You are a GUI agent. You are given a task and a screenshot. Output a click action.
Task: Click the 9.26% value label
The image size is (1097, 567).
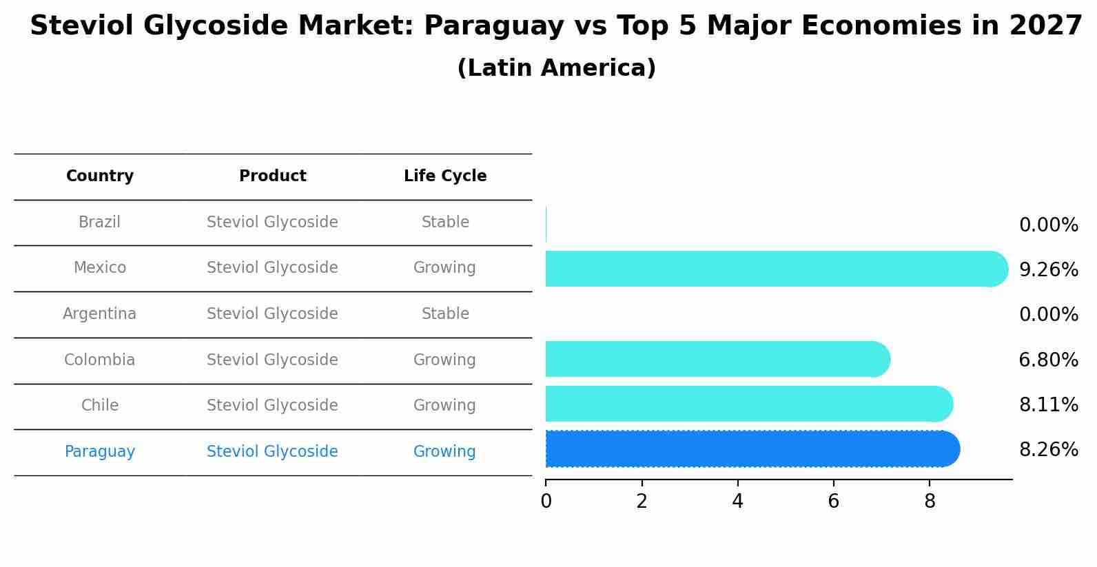1048,270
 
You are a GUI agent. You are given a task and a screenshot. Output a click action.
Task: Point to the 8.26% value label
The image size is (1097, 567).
1048,450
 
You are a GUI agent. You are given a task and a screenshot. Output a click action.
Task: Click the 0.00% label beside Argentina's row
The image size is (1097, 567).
1048,315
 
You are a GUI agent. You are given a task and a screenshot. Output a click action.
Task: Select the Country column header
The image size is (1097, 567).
100,176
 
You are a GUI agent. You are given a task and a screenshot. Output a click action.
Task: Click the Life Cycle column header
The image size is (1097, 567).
445,176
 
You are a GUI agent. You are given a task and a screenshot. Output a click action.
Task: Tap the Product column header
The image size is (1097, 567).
272,176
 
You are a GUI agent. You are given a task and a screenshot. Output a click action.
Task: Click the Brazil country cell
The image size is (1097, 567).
99,223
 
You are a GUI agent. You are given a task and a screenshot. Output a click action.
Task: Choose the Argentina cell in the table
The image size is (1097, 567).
99,314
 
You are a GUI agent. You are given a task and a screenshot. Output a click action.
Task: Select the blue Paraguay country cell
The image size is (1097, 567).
99,452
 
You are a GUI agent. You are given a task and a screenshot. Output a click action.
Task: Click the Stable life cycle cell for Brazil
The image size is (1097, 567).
445,223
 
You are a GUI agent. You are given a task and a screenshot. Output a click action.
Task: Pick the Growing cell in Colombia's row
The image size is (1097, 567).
444,360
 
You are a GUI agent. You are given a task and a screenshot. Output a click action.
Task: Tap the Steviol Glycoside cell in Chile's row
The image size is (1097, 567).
272,406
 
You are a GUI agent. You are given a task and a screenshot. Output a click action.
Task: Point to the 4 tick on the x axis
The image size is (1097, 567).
737,501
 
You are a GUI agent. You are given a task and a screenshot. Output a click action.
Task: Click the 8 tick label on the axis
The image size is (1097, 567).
930,501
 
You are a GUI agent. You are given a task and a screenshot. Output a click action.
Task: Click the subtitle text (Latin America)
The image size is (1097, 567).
556,68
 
